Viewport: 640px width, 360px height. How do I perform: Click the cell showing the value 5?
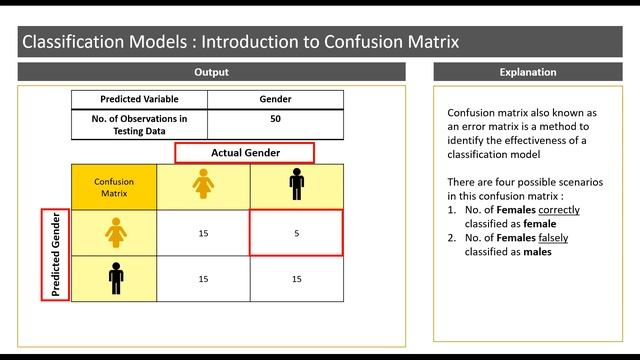point(295,233)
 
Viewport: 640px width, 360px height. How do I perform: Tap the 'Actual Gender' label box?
point(244,153)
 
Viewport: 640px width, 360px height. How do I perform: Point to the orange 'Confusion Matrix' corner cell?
point(114,187)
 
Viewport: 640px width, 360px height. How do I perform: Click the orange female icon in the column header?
point(204,183)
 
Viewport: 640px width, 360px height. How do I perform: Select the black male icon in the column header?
point(295,183)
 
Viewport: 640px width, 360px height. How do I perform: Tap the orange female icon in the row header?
point(114,233)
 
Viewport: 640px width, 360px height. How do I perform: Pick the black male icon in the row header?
point(114,279)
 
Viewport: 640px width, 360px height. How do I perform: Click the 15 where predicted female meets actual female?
point(204,233)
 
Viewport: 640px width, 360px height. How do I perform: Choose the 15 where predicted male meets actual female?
point(204,280)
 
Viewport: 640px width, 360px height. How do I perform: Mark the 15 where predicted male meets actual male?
point(295,280)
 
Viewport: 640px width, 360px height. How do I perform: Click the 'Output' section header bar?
point(211,72)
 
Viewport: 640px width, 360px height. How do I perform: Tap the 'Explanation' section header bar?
point(527,72)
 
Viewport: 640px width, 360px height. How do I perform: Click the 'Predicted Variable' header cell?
point(139,99)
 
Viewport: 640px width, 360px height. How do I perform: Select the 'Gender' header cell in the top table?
point(275,99)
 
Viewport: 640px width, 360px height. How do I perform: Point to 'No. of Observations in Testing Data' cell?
point(139,124)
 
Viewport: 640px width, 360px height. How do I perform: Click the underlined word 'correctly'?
point(559,211)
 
